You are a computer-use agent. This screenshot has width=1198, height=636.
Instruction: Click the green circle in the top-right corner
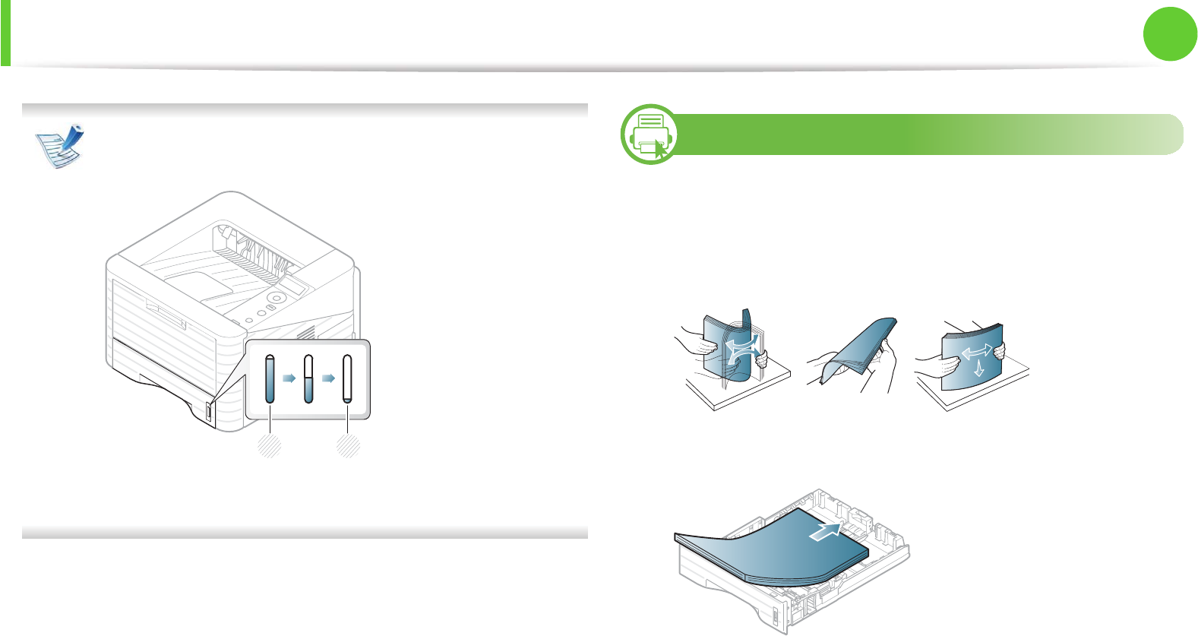pyautogui.click(x=1171, y=33)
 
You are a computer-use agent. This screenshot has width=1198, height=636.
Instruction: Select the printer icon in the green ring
pyautogui.click(x=650, y=134)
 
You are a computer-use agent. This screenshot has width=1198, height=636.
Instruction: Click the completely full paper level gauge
pyautogui.click(x=270, y=378)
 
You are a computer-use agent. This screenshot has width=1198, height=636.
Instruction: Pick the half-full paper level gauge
pyautogui.click(x=308, y=378)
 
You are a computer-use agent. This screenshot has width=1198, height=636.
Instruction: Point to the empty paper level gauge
pyautogui.click(x=348, y=378)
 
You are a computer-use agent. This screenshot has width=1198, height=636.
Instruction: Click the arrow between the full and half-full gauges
pyautogui.click(x=289, y=378)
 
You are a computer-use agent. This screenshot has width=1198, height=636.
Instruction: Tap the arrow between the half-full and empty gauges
pyautogui.click(x=328, y=378)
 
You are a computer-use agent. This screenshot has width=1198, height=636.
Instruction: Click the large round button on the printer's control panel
pyautogui.click(x=277, y=299)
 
